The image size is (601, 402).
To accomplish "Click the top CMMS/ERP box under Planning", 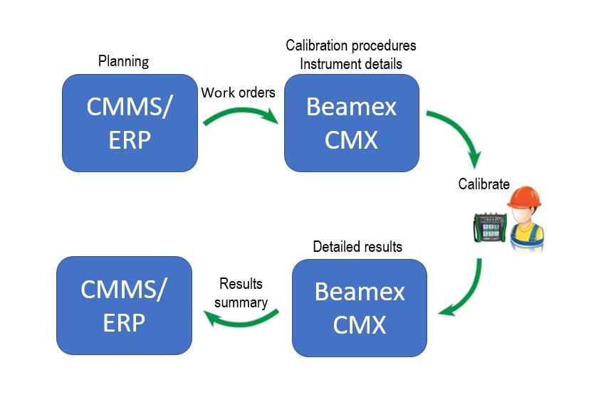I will click(x=130, y=122).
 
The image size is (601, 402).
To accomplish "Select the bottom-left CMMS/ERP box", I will click(x=124, y=305).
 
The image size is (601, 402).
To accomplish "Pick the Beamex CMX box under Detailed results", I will click(x=360, y=307).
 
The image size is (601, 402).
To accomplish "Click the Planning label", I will click(x=123, y=61).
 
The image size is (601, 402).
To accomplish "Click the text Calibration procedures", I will click(x=351, y=46).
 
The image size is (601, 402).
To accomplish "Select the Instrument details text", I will click(x=351, y=63).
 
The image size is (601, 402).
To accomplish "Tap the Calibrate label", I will click(x=484, y=184).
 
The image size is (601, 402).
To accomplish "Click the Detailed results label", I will click(x=357, y=247).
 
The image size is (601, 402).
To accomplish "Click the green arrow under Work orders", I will click(x=241, y=114).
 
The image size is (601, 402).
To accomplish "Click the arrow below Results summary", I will click(x=243, y=320).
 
